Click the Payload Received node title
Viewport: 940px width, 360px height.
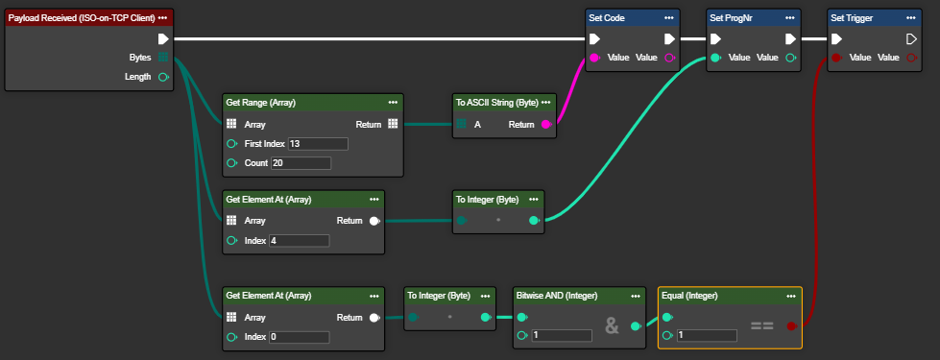coord(82,18)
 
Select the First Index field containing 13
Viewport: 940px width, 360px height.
coord(318,144)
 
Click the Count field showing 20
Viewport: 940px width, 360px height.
coord(301,163)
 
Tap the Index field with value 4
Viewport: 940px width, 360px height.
coord(300,241)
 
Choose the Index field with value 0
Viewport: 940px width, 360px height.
coord(300,337)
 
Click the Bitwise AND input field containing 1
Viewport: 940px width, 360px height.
coord(562,335)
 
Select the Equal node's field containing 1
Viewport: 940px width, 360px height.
coord(707,335)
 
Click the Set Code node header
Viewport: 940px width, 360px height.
coord(633,18)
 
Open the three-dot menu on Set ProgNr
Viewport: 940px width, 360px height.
coord(790,18)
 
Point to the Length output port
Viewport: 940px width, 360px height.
coord(162,77)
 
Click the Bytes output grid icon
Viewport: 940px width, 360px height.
coord(162,58)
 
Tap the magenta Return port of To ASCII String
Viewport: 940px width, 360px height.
coord(546,125)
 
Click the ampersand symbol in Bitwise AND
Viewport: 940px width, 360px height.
coord(612,325)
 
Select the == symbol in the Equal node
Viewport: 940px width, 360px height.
coord(762,326)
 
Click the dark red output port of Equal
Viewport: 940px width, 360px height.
coord(791,326)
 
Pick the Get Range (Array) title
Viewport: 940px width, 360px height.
coord(261,103)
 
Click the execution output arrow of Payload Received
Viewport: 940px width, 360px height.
coord(162,39)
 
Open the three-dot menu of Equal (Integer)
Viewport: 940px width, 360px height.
coord(791,296)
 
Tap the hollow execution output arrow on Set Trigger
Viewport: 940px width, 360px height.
coord(911,39)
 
